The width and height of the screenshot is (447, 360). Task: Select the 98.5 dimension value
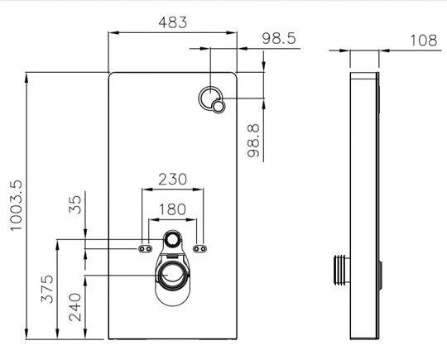[280, 38]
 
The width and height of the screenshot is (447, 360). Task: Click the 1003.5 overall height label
[15, 206]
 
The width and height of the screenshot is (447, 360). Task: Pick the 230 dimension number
[172, 179]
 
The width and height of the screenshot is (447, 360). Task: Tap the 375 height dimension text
[47, 287]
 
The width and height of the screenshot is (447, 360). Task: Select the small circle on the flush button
[219, 106]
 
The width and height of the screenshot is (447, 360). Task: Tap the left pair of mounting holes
[145, 247]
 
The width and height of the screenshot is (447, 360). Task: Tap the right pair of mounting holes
[199, 247]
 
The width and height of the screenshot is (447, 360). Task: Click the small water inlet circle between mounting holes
[172, 240]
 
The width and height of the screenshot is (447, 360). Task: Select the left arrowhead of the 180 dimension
[150, 220]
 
